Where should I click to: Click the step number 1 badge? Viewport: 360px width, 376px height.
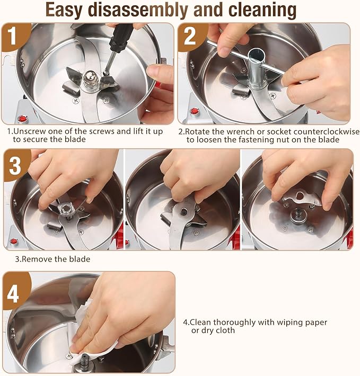(13, 35)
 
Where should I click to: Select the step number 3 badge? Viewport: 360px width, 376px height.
(15, 165)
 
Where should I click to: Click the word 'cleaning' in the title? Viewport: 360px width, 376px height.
(262, 11)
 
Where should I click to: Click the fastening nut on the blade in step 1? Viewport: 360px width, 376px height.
(90, 78)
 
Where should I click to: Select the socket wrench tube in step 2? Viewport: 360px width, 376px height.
(257, 68)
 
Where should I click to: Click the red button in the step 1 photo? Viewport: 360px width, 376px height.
(22, 119)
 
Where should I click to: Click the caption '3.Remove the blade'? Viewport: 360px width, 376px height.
(52, 259)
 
